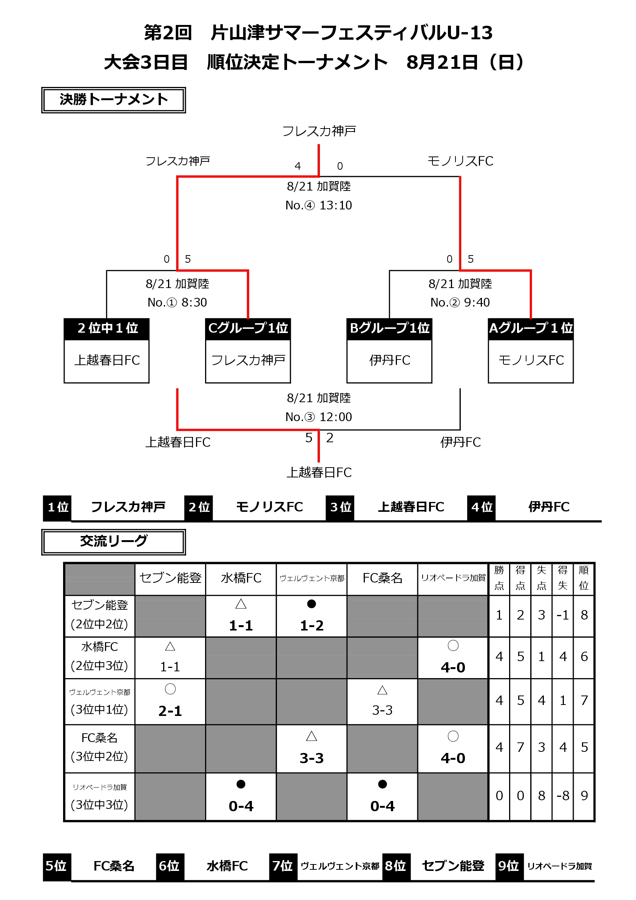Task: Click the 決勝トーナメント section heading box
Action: point(114,100)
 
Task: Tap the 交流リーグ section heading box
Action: point(114,542)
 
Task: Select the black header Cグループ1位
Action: point(248,328)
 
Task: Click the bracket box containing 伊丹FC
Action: point(389,361)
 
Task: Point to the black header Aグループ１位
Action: point(531,328)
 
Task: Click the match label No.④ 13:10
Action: point(318,205)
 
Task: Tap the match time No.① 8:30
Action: point(177,302)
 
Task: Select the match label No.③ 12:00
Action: point(318,417)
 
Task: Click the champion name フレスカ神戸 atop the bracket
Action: point(319,131)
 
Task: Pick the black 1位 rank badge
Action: point(57,508)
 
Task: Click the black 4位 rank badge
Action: point(481,508)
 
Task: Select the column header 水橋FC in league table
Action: point(241,578)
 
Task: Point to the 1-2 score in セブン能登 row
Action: point(312,626)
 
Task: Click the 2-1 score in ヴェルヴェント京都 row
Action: point(170,711)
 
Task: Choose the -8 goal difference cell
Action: point(563,796)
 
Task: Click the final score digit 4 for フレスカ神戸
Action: point(298,166)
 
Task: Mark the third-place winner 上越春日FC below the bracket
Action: point(319,473)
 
